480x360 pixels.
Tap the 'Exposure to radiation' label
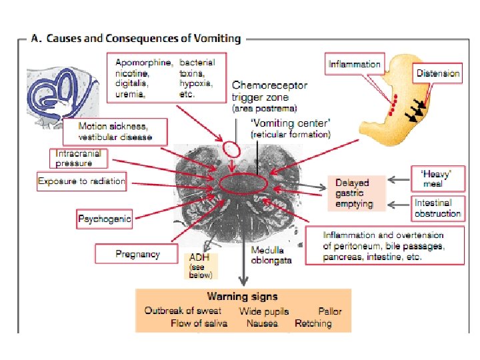pyautogui.click(x=81, y=181)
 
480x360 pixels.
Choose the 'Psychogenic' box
pyautogui.click(x=105, y=218)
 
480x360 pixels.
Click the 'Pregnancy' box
pyautogui.click(x=137, y=254)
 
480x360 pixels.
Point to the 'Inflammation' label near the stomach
pyautogui.click(x=355, y=64)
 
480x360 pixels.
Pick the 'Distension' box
pyautogui.click(x=438, y=73)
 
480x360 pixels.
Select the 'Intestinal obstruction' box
pyautogui.click(x=437, y=208)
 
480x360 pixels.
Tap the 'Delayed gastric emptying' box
pyautogui.click(x=356, y=193)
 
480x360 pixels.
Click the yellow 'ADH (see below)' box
pyautogui.click(x=201, y=265)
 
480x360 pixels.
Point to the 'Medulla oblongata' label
pyautogui.click(x=271, y=255)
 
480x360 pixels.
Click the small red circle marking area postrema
pyautogui.click(x=231, y=147)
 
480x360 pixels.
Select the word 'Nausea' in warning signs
pyautogui.click(x=262, y=323)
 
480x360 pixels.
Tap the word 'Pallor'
pyautogui.click(x=330, y=311)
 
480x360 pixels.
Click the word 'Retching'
pyautogui.click(x=313, y=323)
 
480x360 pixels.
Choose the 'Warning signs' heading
pyautogui.click(x=242, y=297)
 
